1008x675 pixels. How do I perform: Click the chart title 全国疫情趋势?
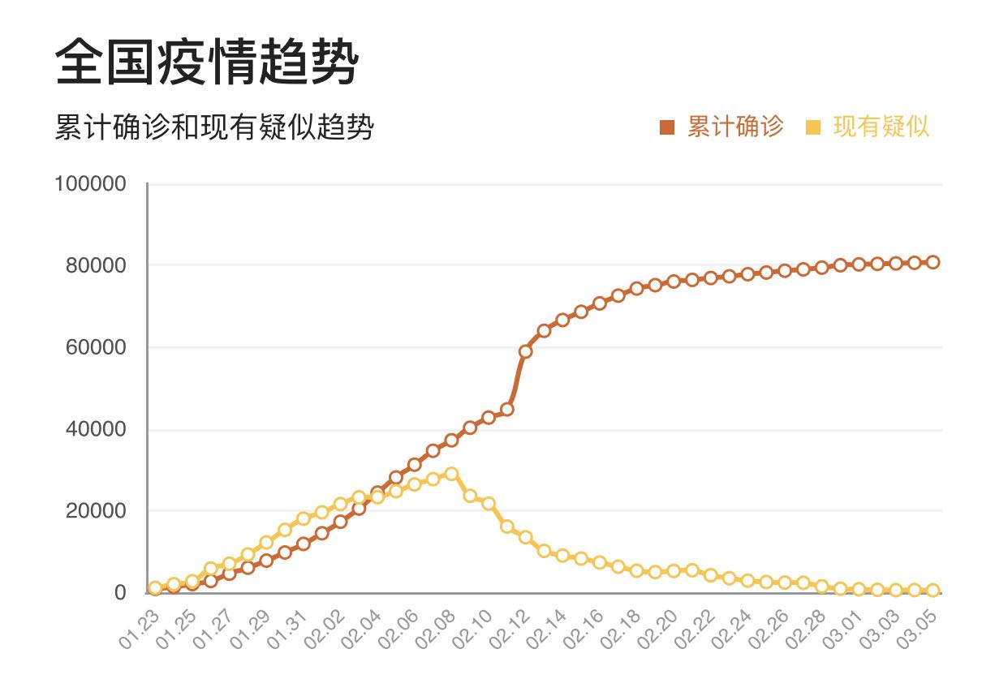point(206,62)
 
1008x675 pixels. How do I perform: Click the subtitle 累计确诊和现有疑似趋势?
point(214,128)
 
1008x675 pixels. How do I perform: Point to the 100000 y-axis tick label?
point(90,184)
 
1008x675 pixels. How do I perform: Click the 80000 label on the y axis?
point(96,266)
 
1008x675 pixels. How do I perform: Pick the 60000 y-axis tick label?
point(96,348)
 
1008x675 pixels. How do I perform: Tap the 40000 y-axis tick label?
point(96,429)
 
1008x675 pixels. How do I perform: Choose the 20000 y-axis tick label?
point(96,511)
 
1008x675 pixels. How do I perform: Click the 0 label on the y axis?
point(120,593)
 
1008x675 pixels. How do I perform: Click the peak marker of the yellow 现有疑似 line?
point(451,474)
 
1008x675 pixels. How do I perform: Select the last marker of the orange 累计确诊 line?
point(933,262)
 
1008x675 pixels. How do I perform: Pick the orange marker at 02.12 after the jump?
point(525,351)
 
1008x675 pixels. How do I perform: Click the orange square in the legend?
point(667,127)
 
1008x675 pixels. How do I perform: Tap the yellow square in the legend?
point(813,127)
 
